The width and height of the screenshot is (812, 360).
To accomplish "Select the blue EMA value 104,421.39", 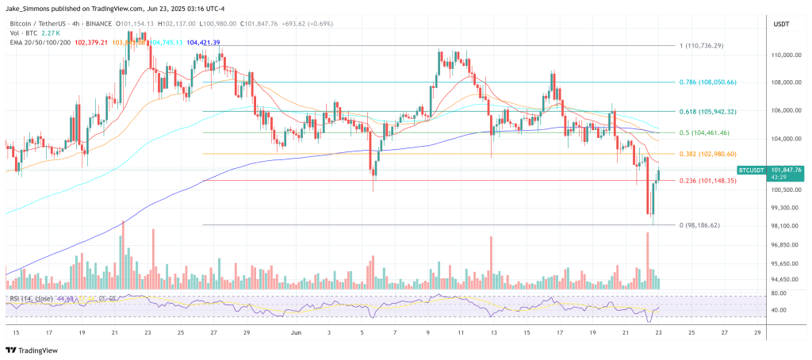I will pyautogui.click(x=203, y=42).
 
